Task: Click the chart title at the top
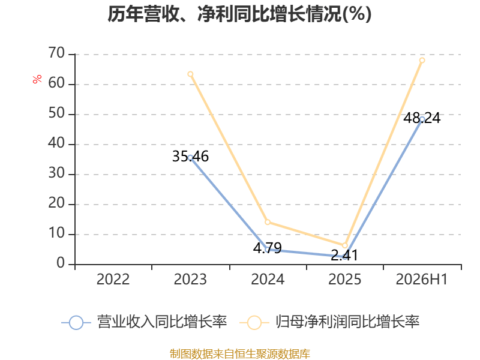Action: coord(239,14)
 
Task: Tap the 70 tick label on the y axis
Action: coord(56,53)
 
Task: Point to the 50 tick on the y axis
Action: coord(56,113)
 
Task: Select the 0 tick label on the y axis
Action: coord(61,263)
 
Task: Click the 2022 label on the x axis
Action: coord(113,279)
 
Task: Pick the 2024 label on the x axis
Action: coord(268,279)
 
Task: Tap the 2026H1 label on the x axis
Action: coord(422,279)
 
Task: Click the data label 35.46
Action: coord(190,157)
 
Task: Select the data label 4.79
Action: coord(267,248)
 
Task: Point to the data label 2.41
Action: coord(344,256)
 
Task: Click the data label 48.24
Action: coord(422,118)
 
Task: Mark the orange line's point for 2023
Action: coord(190,74)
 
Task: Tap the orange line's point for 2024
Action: coord(268,222)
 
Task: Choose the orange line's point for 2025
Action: coord(344,245)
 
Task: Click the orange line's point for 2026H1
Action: coord(422,61)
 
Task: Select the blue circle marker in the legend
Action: coord(76,323)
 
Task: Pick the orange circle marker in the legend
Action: coord(254,323)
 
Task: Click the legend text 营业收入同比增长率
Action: coord(162,322)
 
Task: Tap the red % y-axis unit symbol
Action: coord(37,79)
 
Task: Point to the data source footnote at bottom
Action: coord(240,354)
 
